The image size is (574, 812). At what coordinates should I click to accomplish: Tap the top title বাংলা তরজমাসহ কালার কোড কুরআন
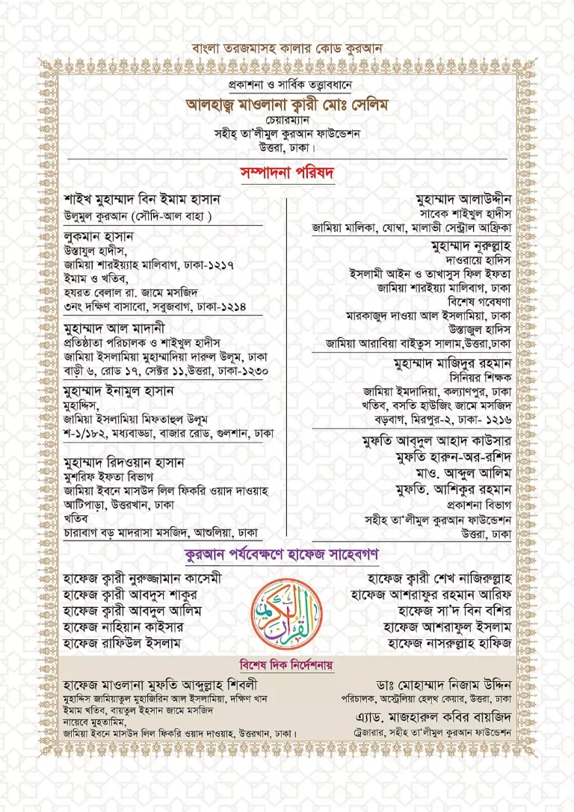point(287,50)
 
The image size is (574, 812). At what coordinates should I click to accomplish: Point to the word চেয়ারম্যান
point(287,120)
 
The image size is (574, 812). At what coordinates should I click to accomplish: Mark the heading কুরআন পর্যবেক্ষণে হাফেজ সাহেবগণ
point(287,555)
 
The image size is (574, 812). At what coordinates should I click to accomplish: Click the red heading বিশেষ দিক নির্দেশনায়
point(287,665)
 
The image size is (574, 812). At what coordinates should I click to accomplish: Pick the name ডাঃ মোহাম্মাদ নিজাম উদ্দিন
point(444,684)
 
